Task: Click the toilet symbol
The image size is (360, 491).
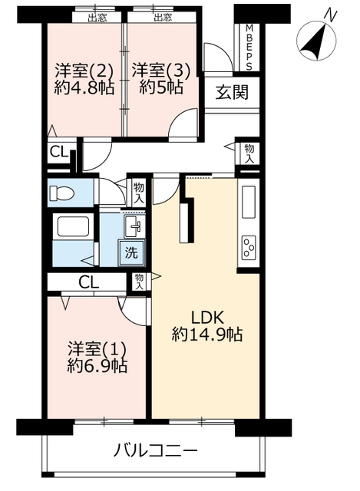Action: (62, 193)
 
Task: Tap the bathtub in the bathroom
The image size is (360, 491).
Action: (73, 227)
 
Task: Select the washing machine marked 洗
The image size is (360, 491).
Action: (131, 252)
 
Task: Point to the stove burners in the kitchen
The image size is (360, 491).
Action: (249, 248)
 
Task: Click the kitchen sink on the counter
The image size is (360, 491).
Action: (249, 202)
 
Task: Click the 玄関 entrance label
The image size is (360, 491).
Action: (232, 92)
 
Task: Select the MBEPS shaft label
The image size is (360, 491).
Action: (249, 48)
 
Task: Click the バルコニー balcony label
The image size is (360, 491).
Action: (155, 451)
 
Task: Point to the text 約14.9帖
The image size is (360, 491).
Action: (207, 335)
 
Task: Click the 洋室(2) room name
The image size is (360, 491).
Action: (84, 71)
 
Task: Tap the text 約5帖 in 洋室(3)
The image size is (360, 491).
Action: (161, 88)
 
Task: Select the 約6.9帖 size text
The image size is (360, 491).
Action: (97, 365)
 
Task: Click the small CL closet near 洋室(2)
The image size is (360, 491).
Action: (59, 153)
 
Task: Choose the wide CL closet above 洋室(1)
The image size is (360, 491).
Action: (89, 282)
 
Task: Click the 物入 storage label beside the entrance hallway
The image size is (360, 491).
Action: (249, 153)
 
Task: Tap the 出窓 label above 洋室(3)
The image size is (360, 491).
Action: (163, 18)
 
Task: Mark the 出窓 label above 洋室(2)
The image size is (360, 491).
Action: (97, 18)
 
